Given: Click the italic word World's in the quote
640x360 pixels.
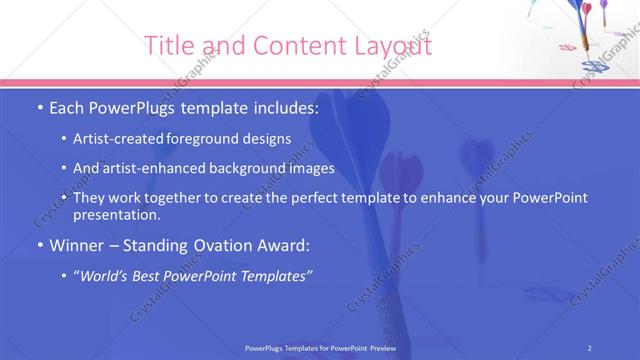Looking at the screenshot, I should coord(109,275).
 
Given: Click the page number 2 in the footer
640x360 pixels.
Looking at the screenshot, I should coord(590,347).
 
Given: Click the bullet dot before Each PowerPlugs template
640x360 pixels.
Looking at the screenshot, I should coord(39,108).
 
